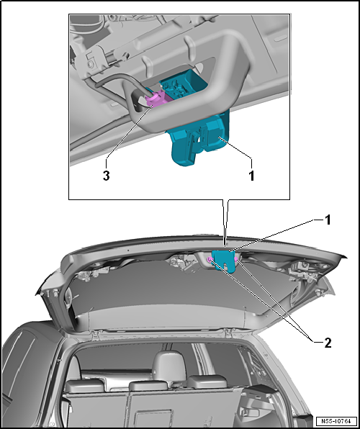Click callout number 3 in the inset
tap(107, 176)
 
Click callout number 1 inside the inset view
tap(251, 176)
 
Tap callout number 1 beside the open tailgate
tap(328, 220)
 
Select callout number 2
tap(328, 343)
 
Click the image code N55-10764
tap(336, 420)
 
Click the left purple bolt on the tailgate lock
tap(210, 260)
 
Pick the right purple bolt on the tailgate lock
tap(236, 258)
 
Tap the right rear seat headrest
tap(208, 381)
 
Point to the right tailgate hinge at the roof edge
tap(228, 331)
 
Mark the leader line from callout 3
tap(130, 131)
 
